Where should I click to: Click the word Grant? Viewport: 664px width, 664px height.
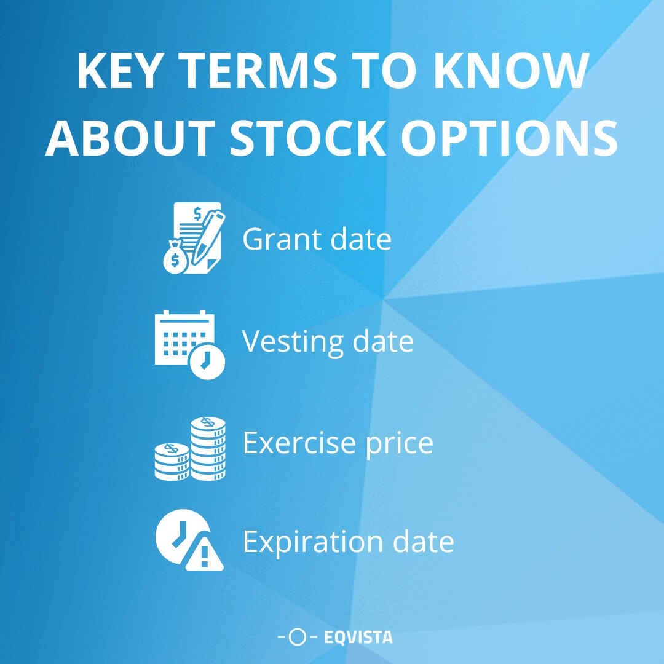coord(282,239)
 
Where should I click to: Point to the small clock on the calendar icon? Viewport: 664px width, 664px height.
coord(207,361)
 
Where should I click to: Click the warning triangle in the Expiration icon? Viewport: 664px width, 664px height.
coord(204,556)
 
